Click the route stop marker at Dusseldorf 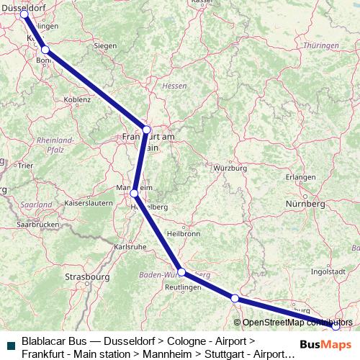point(24,14)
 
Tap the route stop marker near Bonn point(45,50)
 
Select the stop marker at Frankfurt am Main point(147,130)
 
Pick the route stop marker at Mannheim point(134,193)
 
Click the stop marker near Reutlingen point(181,272)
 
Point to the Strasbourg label point(86,276)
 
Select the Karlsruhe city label point(130,246)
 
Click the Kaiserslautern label point(89,204)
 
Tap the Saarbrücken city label point(37,225)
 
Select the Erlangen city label point(300,176)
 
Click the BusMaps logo point(326,344)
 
